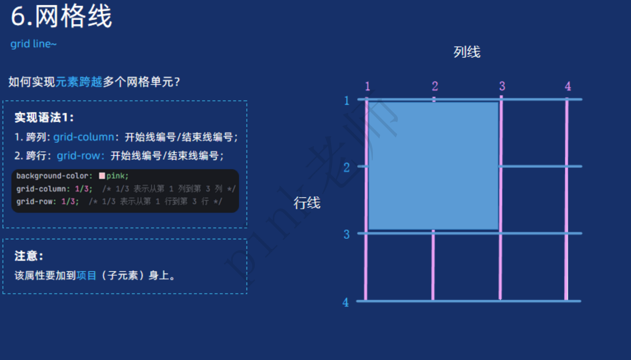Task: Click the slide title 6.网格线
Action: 61,17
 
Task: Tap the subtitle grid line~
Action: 33,44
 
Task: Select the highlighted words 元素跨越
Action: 79,82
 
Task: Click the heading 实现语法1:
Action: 44,118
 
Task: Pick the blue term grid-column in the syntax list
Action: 83,137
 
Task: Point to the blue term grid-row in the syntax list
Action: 80,156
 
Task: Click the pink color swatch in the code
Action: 102,176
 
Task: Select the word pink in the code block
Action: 116,176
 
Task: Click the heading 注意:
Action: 29,256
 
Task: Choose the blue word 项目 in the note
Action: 86,275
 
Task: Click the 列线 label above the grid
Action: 467,52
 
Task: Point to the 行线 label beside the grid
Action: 307,203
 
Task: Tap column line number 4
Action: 568,86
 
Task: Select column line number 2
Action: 435,86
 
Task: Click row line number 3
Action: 346,234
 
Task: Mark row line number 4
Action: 346,302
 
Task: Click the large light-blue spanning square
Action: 434,165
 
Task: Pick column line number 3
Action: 502,86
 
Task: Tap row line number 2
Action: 346,167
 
